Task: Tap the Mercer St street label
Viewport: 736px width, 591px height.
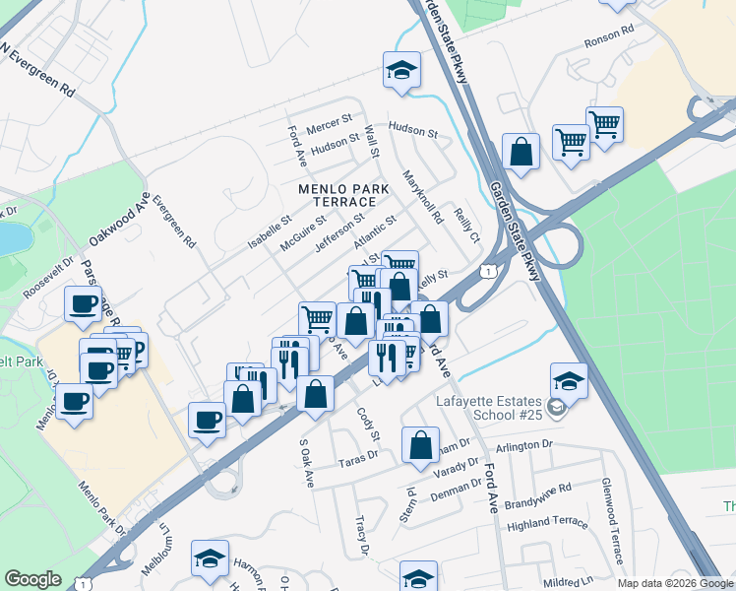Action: click(x=329, y=123)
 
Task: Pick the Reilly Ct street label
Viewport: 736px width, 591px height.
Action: click(x=466, y=225)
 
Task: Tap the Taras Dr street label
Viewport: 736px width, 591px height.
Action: click(x=358, y=457)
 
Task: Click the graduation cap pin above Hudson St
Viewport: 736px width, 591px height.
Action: click(x=401, y=68)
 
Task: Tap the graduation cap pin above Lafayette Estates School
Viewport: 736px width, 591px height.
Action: click(x=569, y=380)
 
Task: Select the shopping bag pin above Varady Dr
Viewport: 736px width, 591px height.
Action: click(x=420, y=444)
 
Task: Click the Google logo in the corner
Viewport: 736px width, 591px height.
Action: click(x=32, y=579)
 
